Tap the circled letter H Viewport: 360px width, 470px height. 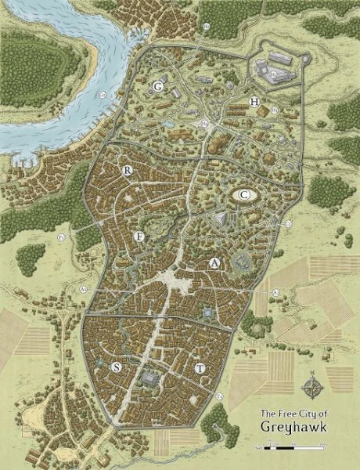coord(254,103)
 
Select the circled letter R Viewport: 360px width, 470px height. coord(126,170)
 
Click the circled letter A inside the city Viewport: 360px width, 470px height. coord(214,264)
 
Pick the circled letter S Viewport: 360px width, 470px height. coord(117,367)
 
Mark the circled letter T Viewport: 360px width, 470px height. coord(200,367)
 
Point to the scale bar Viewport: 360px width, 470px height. coord(291,446)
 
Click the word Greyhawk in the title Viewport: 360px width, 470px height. coord(291,427)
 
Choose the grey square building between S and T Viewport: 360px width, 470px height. coord(149,378)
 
